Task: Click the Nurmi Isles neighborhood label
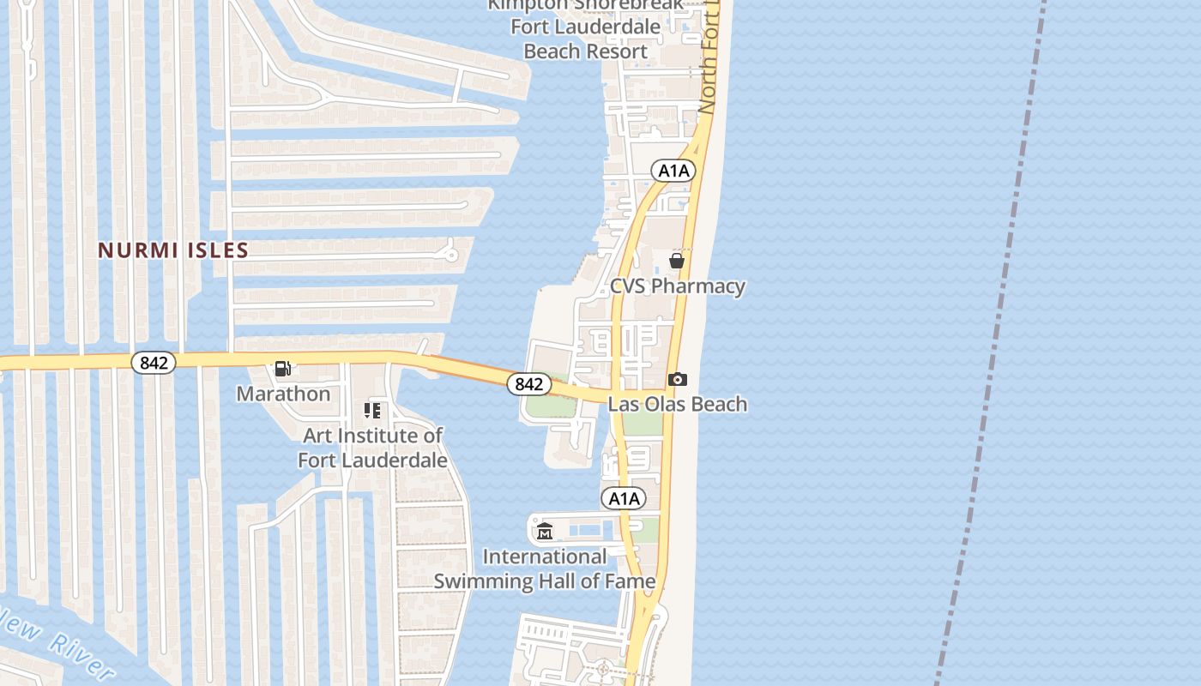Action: (172, 250)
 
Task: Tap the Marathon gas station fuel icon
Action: (282, 369)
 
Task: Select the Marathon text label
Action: (283, 394)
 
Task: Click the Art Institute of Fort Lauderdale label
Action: (372, 448)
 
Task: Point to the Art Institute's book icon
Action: (372, 411)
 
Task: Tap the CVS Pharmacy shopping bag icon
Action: (677, 261)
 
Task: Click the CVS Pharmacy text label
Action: (677, 286)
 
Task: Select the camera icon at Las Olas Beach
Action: (678, 379)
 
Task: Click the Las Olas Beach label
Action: (678, 404)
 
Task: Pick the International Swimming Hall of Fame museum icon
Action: (545, 532)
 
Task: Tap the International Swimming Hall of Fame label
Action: (544, 569)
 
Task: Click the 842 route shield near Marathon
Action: (154, 363)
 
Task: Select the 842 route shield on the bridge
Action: (528, 384)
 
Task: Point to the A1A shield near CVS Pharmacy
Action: (673, 171)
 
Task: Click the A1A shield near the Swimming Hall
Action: (624, 498)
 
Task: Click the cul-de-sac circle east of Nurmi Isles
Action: (450, 254)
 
